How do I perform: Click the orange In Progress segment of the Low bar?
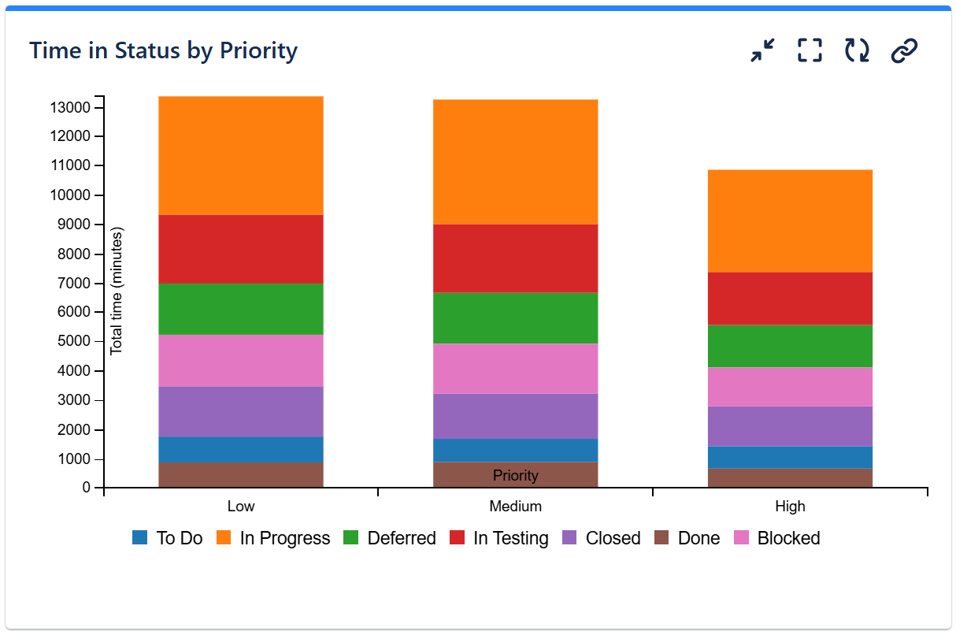click(x=241, y=155)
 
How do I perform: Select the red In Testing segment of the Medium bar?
click(x=515, y=258)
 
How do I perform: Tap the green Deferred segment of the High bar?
click(x=790, y=346)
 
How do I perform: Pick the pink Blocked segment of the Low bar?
click(x=241, y=360)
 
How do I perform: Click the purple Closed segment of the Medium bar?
click(x=515, y=416)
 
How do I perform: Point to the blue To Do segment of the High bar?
click(x=790, y=457)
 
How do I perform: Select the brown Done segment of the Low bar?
click(x=241, y=475)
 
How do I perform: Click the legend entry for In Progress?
click(x=284, y=538)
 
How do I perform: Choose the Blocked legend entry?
click(x=788, y=538)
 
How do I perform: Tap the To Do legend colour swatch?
click(x=140, y=538)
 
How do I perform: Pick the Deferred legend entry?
click(x=401, y=538)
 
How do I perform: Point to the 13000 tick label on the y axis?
click(x=69, y=107)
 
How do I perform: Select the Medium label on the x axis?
click(x=515, y=506)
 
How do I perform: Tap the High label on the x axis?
click(x=790, y=506)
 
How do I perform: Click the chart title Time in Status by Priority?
click(x=163, y=50)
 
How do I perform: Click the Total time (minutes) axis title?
click(x=117, y=291)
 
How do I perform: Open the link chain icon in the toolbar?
click(x=904, y=50)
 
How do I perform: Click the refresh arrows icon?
click(x=857, y=50)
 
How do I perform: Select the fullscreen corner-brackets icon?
click(x=810, y=50)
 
